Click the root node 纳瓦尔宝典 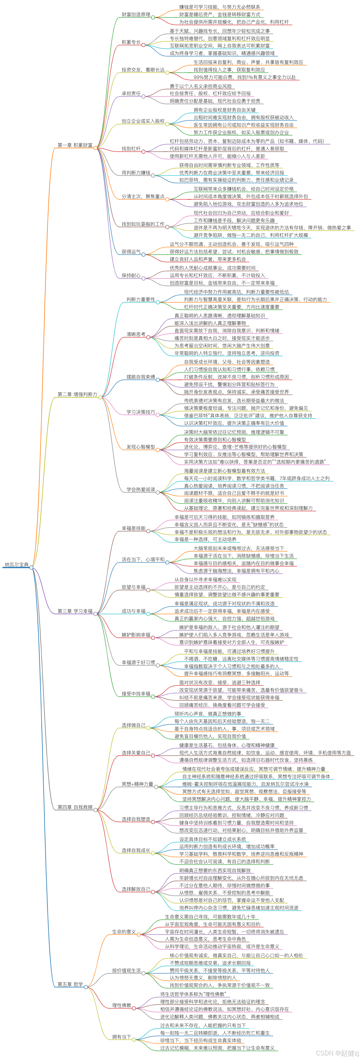[17, 564]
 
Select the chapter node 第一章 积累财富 [75, 145]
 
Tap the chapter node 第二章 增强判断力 [77, 394]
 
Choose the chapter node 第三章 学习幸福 [75, 611]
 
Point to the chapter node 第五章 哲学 [70, 984]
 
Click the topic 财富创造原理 [136, 15]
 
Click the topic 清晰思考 [136, 334]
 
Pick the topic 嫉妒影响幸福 [136, 635]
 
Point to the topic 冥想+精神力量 [137, 784]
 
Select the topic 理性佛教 [122, 1005]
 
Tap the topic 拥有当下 [122, 1037]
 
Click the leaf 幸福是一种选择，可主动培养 [205, 539]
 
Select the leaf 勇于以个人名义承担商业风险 [201, 86]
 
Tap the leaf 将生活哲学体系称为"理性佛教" [193, 994]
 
